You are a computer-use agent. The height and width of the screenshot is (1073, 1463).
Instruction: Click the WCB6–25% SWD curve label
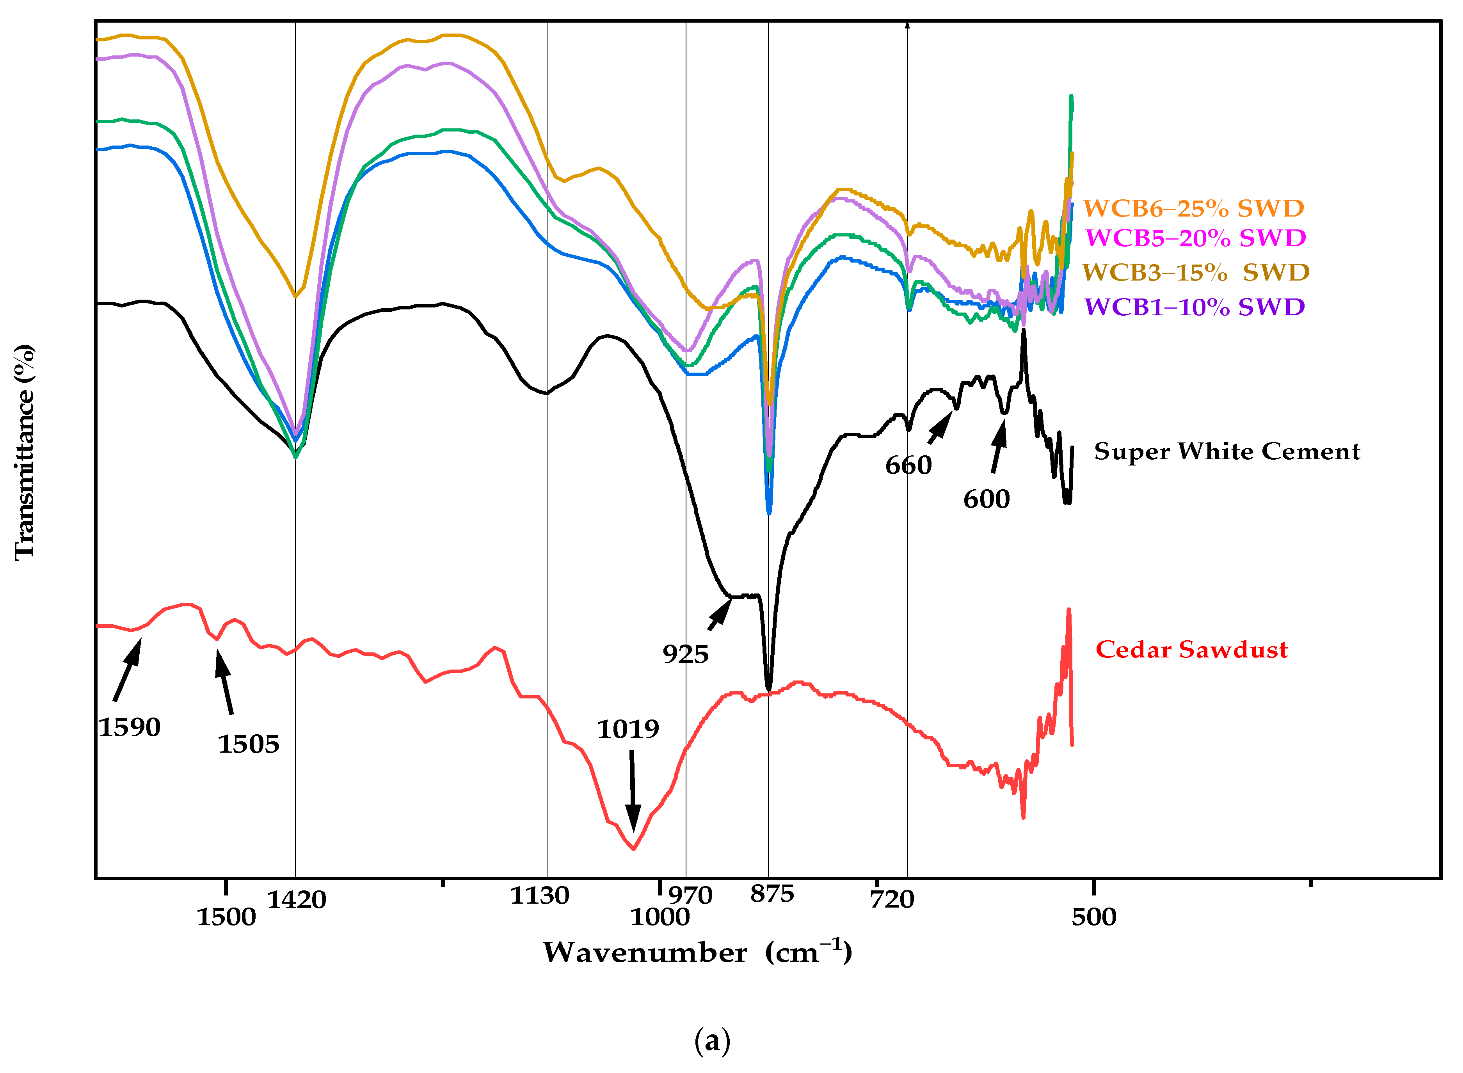click(1193, 208)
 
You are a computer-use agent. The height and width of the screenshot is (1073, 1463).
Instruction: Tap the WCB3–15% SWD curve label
click(1195, 272)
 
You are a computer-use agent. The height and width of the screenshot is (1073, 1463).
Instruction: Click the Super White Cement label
click(1227, 451)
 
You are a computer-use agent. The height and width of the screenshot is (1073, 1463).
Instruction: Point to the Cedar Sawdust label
click(1191, 650)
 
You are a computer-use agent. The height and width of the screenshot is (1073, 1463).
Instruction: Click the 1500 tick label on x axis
click(226, 917)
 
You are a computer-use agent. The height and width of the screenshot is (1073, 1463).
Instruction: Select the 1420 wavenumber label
click(296, 900)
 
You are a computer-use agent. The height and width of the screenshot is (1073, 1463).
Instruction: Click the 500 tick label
click(1093, 917)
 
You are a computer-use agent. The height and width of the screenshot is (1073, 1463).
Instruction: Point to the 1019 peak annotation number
click(628, 729)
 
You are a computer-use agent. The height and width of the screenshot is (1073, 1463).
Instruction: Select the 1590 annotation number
click(129, 727)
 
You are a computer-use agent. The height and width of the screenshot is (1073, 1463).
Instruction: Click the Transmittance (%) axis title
click(24, 451)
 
